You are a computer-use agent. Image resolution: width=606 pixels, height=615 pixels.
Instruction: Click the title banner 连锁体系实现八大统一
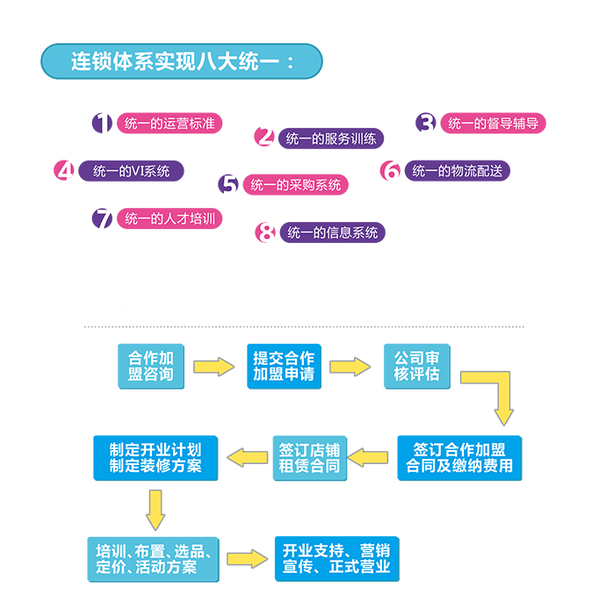click(182, 62)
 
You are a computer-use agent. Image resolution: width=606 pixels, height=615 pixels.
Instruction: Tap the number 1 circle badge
click(103, 124)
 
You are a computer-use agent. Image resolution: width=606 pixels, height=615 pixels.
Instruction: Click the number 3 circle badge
click(426, 124)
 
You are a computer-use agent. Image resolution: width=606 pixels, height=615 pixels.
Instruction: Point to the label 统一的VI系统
click(131, 171)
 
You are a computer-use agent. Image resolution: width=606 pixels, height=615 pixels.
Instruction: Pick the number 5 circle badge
click(229, 185)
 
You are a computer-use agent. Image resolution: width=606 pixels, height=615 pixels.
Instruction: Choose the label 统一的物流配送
click(457, 171)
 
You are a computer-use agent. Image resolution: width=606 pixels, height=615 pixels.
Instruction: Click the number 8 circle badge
click(266, 232)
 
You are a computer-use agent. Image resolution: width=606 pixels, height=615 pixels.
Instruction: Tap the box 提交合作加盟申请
click(283, 366)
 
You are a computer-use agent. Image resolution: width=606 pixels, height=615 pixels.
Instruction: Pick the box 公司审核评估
click(416, 366)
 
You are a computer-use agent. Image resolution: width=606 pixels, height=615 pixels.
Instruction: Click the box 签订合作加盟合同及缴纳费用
click(459, 458)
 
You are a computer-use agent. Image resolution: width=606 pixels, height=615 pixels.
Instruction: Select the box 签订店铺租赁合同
click(309, 458)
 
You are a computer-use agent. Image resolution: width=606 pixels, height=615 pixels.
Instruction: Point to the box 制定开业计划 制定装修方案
click(155, 458)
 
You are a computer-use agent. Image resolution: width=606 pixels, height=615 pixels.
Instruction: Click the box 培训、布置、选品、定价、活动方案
click(154, 558)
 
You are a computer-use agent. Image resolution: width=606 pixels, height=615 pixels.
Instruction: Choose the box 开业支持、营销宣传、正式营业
click(336, 558)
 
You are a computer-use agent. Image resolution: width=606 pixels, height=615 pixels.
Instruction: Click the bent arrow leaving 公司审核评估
click(496, 390)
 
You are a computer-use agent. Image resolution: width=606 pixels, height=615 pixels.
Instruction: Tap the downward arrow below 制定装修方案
click(155, 508)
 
